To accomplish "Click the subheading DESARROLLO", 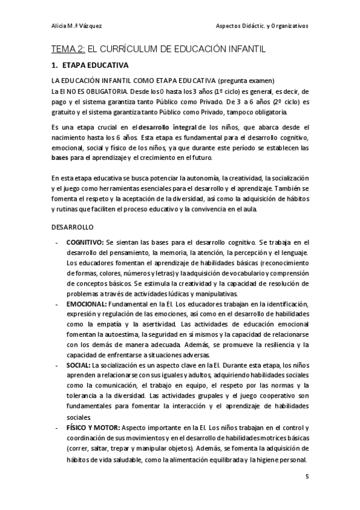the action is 72,228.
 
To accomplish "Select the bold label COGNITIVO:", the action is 85,242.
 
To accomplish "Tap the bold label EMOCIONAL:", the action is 87,305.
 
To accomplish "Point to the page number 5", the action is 307,476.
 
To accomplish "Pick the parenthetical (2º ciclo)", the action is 278,102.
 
